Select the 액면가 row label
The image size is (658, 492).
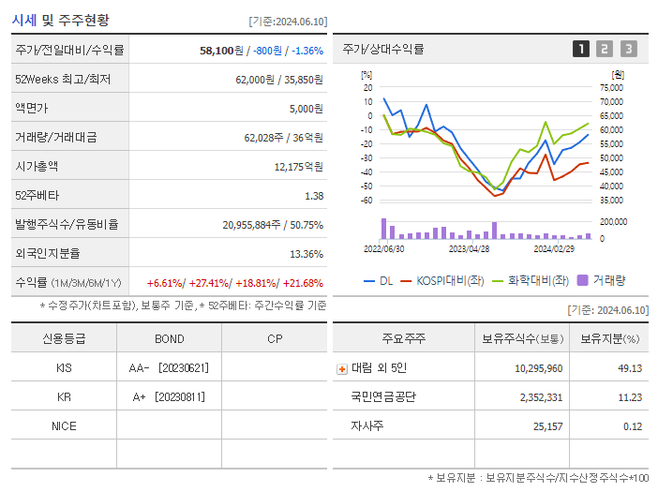pyautogui.click(x=36, y=108)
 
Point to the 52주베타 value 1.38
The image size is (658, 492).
pyautogui.click(x=314, y=195)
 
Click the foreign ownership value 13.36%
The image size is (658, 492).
pyautogui.click(x=307, y=253)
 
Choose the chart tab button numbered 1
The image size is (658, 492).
pyautogui.click(x=581, y=49)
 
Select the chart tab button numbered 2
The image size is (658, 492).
pyautogui.click(x=605, y=49)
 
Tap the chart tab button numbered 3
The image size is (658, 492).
pyautogui.click(x=628, y=49)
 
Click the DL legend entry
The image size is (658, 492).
pyautogui.click(x=378, y=279)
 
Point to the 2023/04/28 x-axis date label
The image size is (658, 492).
pyautogui.click(x=470, y=249)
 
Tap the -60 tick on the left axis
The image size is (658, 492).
pyautogui.click(x=367, y=200)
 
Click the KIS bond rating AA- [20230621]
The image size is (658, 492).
pyautogui.click(x=170, y=368)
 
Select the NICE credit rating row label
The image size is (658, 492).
pyautogui.click(x=64, y=426)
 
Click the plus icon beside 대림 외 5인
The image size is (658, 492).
pyautogui.click(x=342, y=368)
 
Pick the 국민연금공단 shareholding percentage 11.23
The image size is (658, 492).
pyautogui.click(x=629, y=397)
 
